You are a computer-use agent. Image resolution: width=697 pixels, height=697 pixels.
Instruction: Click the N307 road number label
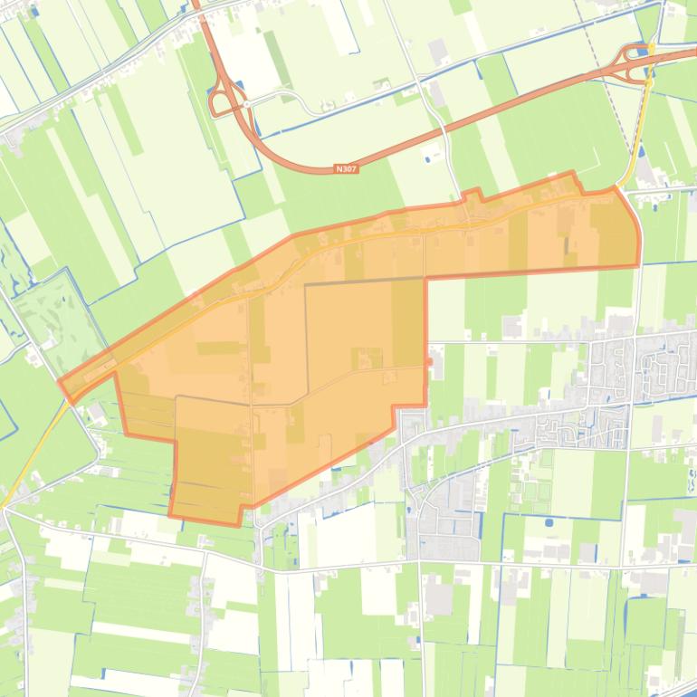346,168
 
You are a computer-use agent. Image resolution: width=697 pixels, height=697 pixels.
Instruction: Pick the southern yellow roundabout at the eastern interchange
649,82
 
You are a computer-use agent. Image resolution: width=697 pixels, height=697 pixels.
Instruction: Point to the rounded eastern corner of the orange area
637,226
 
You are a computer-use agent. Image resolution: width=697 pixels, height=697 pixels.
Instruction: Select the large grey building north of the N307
438,51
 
